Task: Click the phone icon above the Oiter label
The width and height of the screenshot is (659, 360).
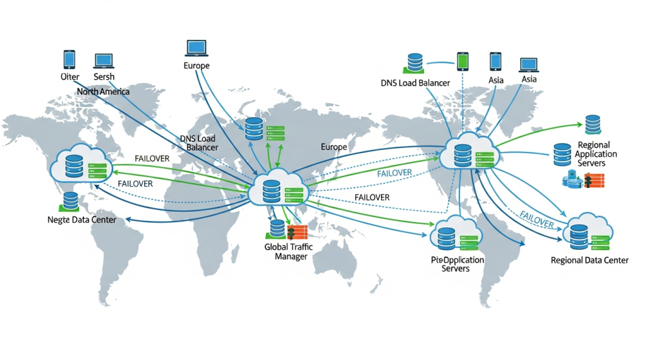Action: tap(70, 60)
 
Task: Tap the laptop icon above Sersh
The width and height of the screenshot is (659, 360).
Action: tap(104, 61)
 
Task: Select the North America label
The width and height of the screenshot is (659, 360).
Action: tap(103, 91)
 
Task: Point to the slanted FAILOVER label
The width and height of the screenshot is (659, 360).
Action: tap(536, 218)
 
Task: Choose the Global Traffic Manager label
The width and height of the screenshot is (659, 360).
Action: tap(286, 251)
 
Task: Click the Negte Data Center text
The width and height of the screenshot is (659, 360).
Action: tap(82, 220)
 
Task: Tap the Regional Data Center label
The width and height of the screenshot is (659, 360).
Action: tap(589, 260)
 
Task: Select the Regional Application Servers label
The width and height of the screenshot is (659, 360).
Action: tap(595, 154)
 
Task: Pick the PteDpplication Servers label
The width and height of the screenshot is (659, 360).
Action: tap(457, 263)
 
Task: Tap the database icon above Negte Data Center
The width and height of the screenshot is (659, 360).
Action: tap(71, 200)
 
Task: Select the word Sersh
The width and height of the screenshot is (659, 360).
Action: tap(104, 77)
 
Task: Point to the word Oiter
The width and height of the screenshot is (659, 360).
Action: tap(70, 77)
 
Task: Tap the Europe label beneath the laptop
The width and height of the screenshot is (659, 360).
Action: tap(196, 66)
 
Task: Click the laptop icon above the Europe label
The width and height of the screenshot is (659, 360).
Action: tap(196, 48)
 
